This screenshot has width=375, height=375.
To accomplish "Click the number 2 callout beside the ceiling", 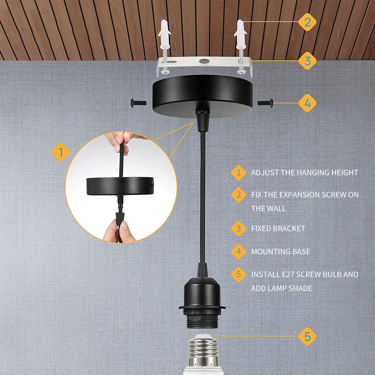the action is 307,22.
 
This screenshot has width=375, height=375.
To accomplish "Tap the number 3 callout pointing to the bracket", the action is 307,61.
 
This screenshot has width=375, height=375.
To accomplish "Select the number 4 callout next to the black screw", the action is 307,103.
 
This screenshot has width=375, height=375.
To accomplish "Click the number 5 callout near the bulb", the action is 307,336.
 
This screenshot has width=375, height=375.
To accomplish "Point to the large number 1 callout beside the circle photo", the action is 61,152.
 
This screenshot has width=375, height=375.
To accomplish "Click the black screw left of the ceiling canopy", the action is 138,103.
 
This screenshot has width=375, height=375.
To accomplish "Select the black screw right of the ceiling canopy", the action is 265,103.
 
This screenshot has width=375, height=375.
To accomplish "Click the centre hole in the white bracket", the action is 204,61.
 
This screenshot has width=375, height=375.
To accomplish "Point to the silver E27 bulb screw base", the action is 203,351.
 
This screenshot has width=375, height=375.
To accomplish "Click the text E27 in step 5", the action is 288,274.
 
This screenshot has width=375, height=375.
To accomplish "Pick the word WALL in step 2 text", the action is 277,209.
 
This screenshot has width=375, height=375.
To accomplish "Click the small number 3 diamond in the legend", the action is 238,229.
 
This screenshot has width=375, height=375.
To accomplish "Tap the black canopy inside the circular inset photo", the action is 120,186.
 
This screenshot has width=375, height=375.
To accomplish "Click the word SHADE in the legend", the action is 300,288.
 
